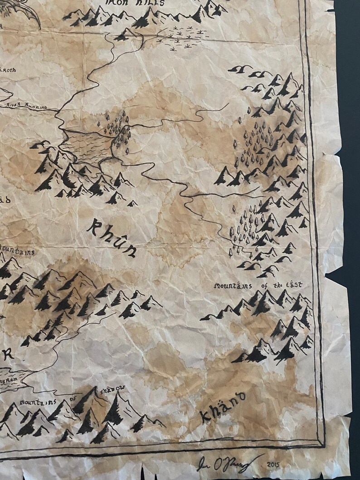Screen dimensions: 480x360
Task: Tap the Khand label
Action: [x=222, y=406]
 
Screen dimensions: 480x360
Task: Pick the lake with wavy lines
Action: [x=87, y=144]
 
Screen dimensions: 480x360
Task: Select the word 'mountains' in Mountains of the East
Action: [x=232, y=286]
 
